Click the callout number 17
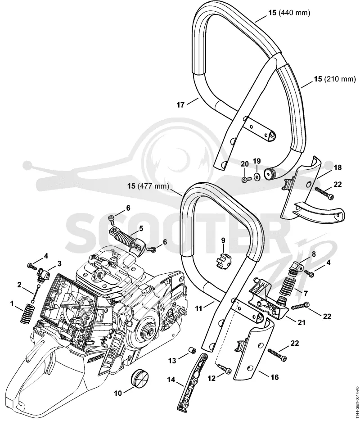pos(180,105)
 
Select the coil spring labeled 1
pos(27,314)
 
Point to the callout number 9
pos(223,240)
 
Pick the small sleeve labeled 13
pos(192,351)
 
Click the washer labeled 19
pos(256,177)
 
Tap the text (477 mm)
pos(153,186)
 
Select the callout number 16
pos(274,377)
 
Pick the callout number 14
pos(171,380)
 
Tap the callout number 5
pos(141,228)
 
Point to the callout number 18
pos(338,167)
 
